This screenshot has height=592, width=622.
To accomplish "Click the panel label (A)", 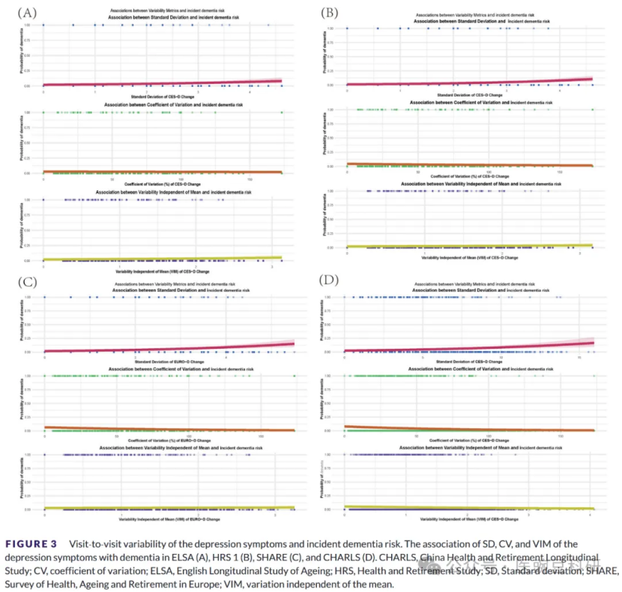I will point(27,13).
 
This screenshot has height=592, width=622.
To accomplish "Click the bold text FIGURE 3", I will point(31,543).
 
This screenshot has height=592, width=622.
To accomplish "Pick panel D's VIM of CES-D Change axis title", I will point(468,519).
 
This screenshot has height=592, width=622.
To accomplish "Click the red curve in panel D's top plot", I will point(465,349).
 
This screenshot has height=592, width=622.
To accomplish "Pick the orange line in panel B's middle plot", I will point(468,165).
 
